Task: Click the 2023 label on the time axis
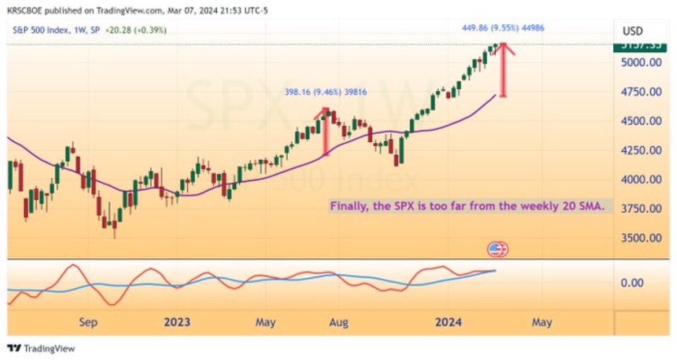(177, 322)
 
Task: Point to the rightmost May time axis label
(541, 322)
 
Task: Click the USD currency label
(632, 31)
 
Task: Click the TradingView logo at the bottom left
(41, 348)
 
